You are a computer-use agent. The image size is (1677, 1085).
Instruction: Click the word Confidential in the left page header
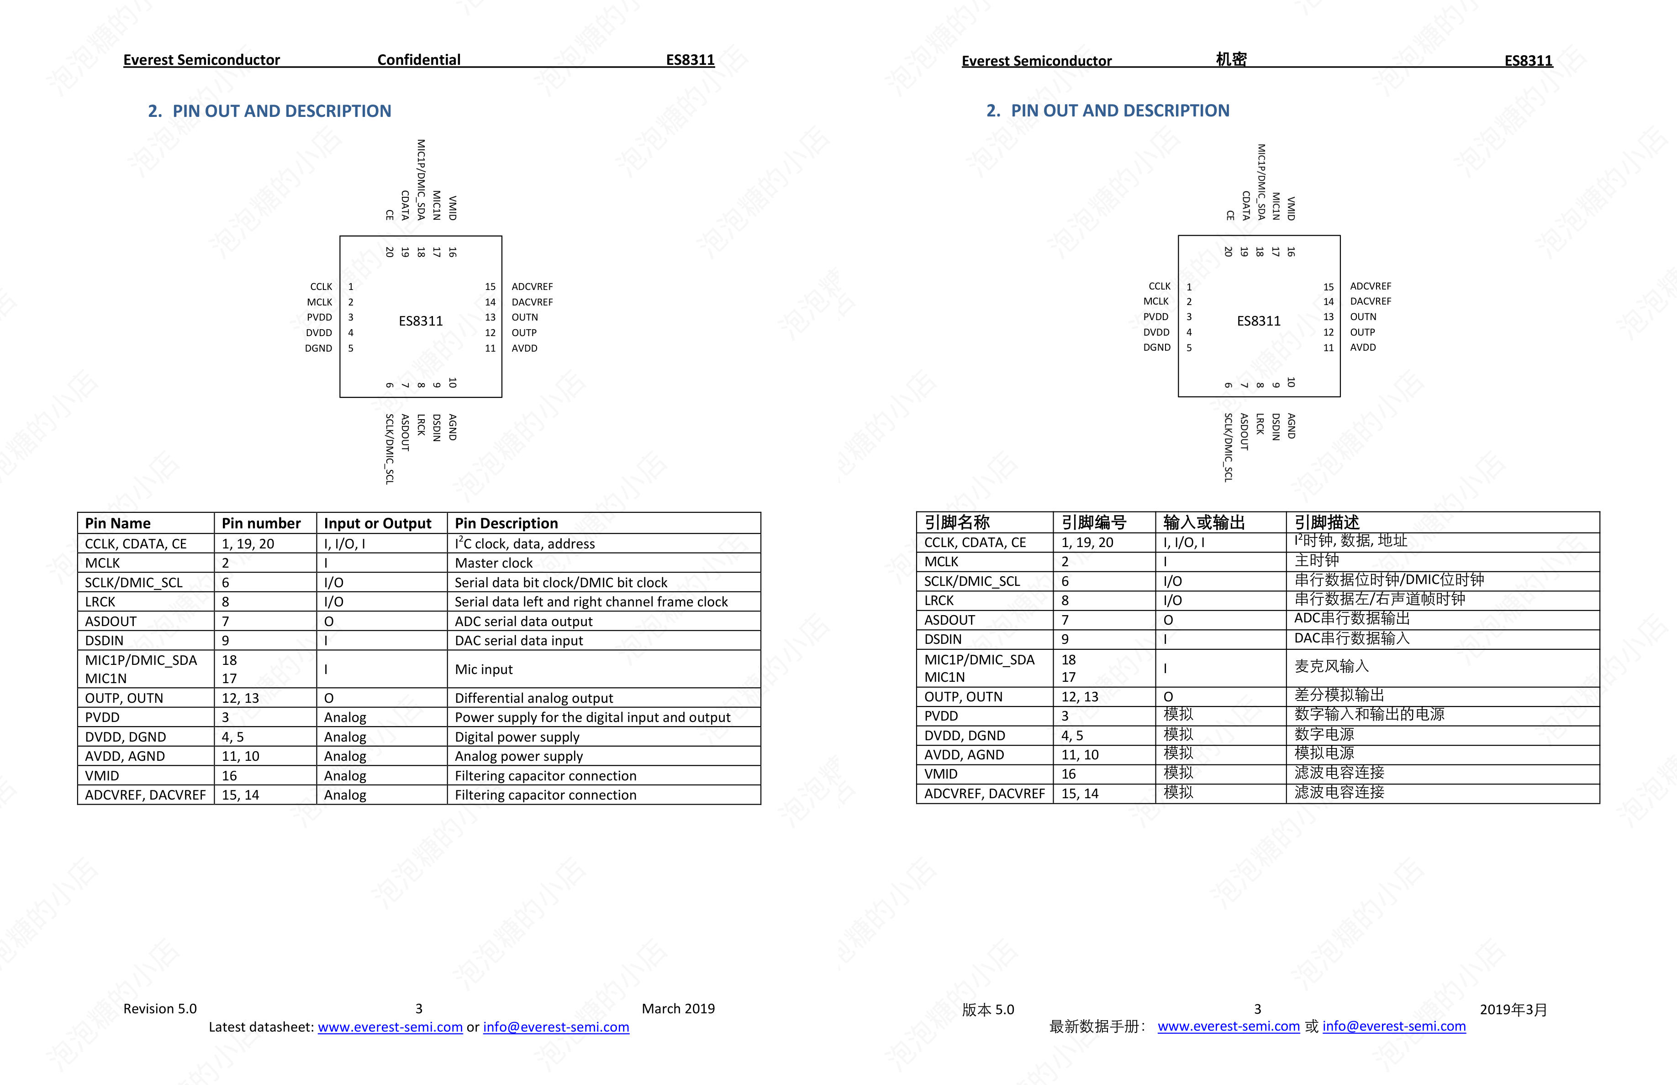(x=418, y=60)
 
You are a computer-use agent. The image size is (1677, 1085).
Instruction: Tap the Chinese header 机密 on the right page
(x=1231, y=60)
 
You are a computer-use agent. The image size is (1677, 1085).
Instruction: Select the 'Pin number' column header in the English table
(x=261, y=523)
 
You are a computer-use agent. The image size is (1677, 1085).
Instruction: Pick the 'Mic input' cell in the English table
(x=483, y=669)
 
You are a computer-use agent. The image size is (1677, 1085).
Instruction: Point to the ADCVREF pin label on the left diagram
(x=532, y=287)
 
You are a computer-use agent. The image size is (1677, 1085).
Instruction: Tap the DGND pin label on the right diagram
(x=1156, y=348)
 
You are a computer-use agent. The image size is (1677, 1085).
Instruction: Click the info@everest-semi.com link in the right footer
(x=1394, y=1027)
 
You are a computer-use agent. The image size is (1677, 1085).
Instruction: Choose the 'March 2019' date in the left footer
(x=678, y=1009)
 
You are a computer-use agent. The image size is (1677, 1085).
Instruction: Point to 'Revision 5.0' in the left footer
(x=160, y=1009)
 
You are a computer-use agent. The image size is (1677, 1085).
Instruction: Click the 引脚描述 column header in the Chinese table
(x=1326, y=522)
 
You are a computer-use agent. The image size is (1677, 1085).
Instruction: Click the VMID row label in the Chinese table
(x=941, y=774)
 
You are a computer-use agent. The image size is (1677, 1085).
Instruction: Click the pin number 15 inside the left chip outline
(x=490, y=287)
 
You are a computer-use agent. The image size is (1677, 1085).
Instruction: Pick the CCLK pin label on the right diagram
(x=1159, y=286)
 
